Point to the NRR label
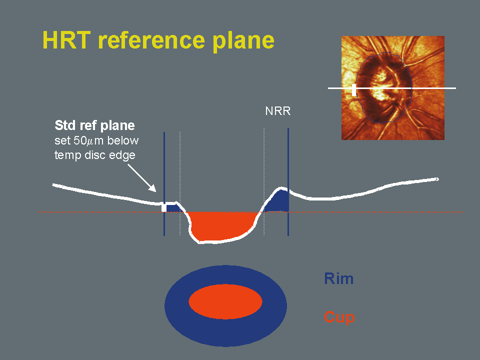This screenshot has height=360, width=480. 277,112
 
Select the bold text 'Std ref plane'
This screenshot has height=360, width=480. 94,125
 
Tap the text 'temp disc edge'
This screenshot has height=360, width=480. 94,155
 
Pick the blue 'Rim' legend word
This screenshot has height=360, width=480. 338,278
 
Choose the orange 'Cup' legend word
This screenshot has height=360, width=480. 339,317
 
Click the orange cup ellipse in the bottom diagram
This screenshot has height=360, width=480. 225,302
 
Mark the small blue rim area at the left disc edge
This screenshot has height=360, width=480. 173,207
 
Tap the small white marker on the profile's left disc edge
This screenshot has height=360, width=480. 164,207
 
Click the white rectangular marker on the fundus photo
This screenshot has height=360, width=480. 354,90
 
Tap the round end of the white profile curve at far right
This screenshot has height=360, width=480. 437,179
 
